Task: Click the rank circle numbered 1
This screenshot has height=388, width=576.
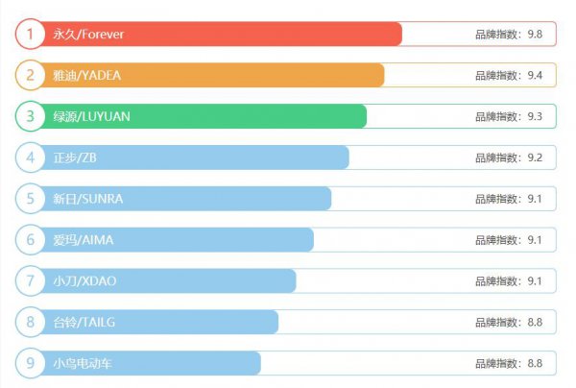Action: [x=31, y=35]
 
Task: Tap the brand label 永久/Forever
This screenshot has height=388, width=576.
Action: [x=87, y=35]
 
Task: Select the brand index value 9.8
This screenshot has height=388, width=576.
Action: [x=536, y=35]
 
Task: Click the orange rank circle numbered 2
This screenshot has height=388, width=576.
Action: [x=31, y=75]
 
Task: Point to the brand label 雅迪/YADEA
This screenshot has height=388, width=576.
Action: [x=86, y=75]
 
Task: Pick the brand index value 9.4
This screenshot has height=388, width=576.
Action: [x=536, y=75]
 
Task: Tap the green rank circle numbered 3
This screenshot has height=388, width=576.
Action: [x=31, y=116]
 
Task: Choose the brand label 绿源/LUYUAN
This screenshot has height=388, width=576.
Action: [x=91, y=116]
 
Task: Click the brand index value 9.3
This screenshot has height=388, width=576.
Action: [x=536, y=116]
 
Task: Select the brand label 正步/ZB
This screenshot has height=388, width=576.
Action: [x=74, y=158]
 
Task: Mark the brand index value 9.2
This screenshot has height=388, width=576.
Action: [x=536, y=158]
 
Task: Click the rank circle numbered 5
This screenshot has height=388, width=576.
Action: [x=31, y=199]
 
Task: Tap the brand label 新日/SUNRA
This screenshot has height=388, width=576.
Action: [x=87, y=199]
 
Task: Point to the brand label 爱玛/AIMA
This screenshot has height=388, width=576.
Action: [x=83, y=240]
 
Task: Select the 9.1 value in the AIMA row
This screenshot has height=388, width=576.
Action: [x=536, y=240]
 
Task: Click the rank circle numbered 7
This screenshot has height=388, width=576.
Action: [x=31, y=281]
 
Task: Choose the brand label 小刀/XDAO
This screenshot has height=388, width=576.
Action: [x=84, y=281]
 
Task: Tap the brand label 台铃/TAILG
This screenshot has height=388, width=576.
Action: [x=84, y=323]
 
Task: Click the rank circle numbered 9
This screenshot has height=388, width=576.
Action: [x=31, y=364]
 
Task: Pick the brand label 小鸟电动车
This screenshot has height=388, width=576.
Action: [x=84, y=364]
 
